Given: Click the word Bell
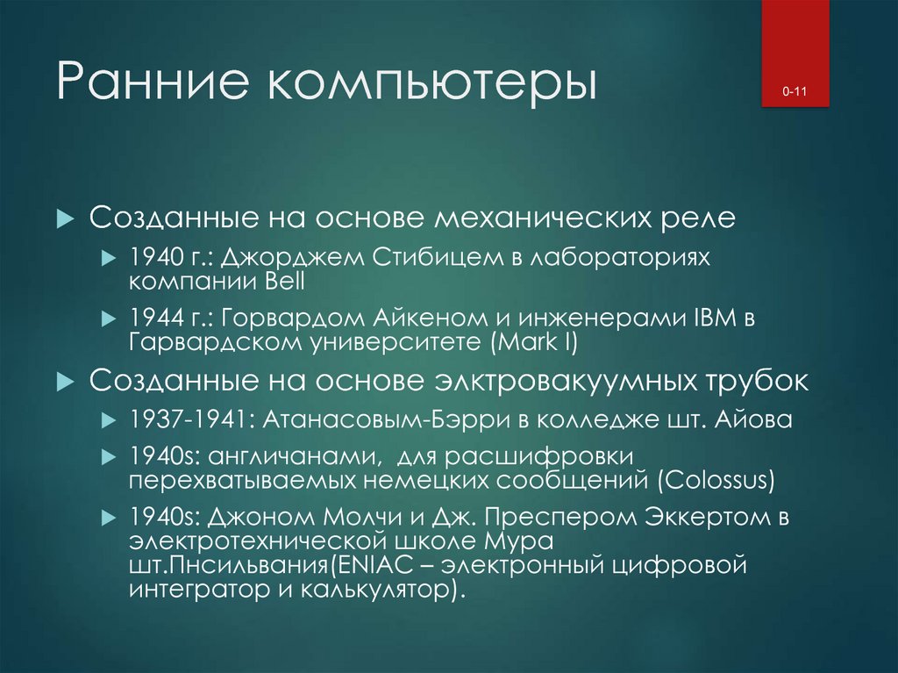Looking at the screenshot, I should click(282, 282).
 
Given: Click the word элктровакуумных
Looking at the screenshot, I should click(566, 382).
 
